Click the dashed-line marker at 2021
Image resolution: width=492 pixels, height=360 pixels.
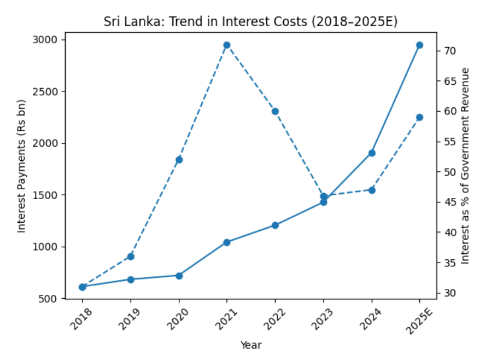pyautogui.click(x=227, y=45)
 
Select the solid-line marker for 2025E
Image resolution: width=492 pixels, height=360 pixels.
pyautogui.click(x=420, y=45)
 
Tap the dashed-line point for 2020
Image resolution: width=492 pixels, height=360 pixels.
pyautogui.click(x=179, y=160)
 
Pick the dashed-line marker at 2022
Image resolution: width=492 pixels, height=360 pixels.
pyautogui.click(x=275, y=111)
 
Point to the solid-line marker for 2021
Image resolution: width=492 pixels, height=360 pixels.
pyautogui.click(x=227, y=242)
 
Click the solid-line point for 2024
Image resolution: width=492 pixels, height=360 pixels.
pyautogui.click(x=372, y=153)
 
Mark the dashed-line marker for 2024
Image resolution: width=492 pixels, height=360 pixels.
pyautogui.click(x=372, y=190)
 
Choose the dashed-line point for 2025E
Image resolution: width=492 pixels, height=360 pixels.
pyautogui.click(x=420, y=117)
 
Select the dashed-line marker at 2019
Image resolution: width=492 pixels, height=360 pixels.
pyautogui.click(x=131, y=257)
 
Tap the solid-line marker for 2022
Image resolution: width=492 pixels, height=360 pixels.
pyautogui.click(x=275, y=225)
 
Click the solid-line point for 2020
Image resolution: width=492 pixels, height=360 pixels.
pyautogui.click(x=179, y=275)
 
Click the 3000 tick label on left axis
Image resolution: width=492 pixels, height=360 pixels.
pyautogui.click(x=48, y=40)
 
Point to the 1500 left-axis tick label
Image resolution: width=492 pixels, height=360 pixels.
pyautogui.click(x=48, y=195)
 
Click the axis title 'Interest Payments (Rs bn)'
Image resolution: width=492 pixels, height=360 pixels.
pyautogui.click(x=21, y=166)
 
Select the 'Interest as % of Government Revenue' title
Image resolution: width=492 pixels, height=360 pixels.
pyautogui.click(x=466, y=166)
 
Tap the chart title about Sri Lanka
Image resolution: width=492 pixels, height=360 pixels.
pyautogui.click(x=251, y=22)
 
